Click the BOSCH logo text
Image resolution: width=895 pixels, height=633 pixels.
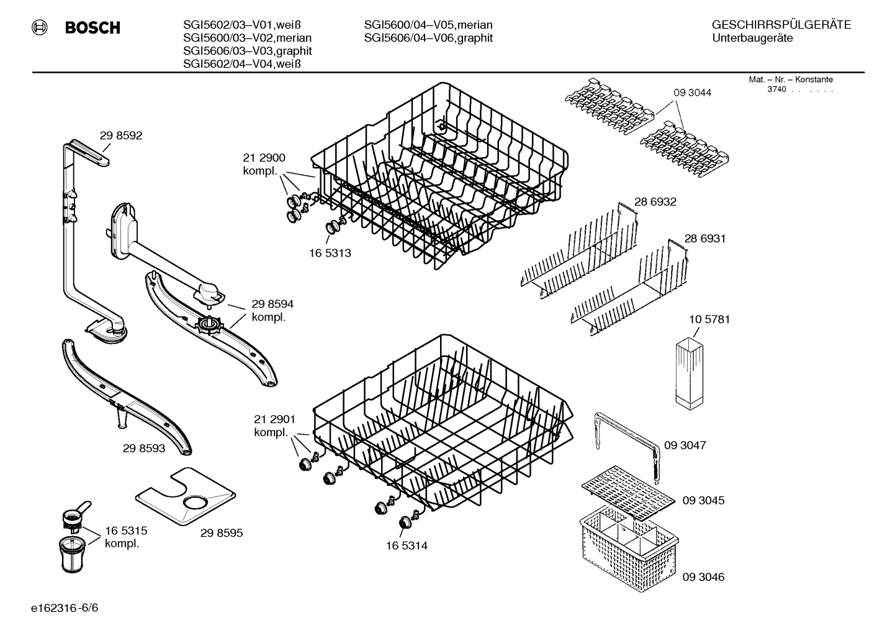pyautogui.click(x=92, y=27)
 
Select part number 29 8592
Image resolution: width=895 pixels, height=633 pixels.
pyautogui.click(x=120, y=135)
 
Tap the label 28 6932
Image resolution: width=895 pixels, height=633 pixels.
pyautogui.click(x=655, y=202)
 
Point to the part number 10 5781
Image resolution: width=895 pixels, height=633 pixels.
pyautogui.click(x=709, y=319)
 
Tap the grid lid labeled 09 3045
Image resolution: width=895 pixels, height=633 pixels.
pyautogui.click(x=627, y=491)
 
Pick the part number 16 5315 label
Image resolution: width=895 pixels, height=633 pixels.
pyautogui.click(x=125, y=531)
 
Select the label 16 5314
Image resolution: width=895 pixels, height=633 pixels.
pyautogui.click(x=406, y=546)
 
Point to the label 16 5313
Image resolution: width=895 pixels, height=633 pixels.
pyautogui.click(x=330, y=253)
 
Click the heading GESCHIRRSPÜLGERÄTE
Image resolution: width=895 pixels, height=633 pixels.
pyautogui.click(x=781, y=25)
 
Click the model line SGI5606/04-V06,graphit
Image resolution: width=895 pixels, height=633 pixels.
pyautogui.click(x=428, y=38)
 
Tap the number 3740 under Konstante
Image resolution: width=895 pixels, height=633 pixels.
pyautogui.click(x=776, y=89)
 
